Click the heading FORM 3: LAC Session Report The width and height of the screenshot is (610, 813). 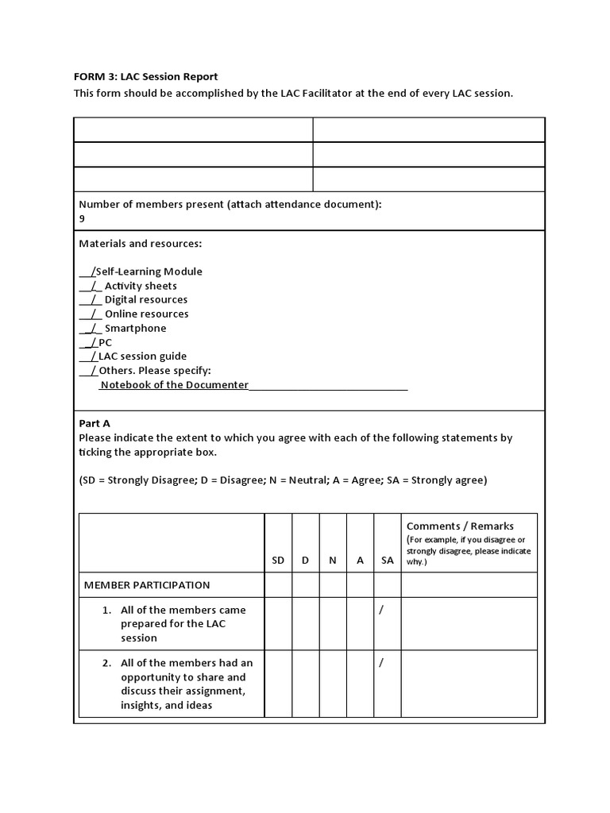click(145, 76)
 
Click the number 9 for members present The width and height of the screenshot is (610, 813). click(83, 218)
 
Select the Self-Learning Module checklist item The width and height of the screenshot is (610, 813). click(148, 272)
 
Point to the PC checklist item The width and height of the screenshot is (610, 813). click(105, 343)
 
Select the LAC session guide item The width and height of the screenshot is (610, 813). click(142, 357)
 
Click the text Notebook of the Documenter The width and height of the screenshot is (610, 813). click(174, 386)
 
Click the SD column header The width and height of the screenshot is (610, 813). click(278, 560)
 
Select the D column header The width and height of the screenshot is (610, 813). click(305, 560)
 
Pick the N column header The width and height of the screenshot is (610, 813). click(333, 560)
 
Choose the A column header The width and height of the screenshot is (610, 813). click(360, 560)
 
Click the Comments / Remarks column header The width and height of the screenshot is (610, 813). click(460, 526)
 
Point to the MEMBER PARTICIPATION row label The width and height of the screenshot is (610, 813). click(147, 585)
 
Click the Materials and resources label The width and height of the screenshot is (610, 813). click(134, 243)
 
